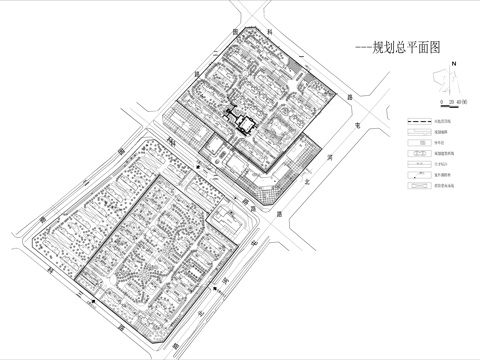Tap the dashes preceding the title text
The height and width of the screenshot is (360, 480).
(x=352, y=46)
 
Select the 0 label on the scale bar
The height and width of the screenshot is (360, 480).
(x=441, y=103)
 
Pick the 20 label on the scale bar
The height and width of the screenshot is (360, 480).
(x=452, y=103)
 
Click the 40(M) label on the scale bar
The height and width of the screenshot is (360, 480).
(x=464, y=103)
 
